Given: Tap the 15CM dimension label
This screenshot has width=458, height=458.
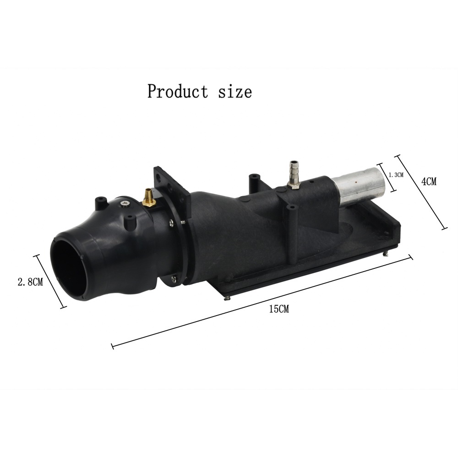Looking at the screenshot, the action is [279, 309].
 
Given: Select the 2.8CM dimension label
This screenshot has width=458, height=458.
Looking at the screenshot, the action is [30, 282].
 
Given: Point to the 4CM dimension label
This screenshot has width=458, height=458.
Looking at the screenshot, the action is [429, 181].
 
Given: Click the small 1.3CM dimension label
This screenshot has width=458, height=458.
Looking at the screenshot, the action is [396, 175].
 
